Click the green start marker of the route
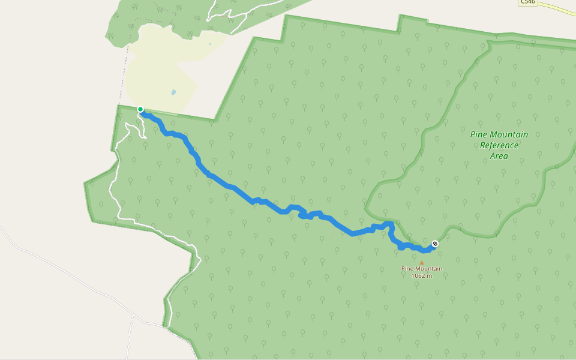(140, 109)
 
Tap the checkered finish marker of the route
(435, 244)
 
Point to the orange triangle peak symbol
(422, 262)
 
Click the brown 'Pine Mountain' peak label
(422, 269)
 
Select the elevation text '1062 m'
(422, 275)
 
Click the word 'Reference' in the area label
(499, 145)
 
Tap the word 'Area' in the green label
(499, 156)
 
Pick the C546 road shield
(527, 2)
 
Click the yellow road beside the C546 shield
(558, 8)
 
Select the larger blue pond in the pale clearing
(173, 92)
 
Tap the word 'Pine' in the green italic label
(479, 134)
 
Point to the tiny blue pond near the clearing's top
(210, 44)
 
